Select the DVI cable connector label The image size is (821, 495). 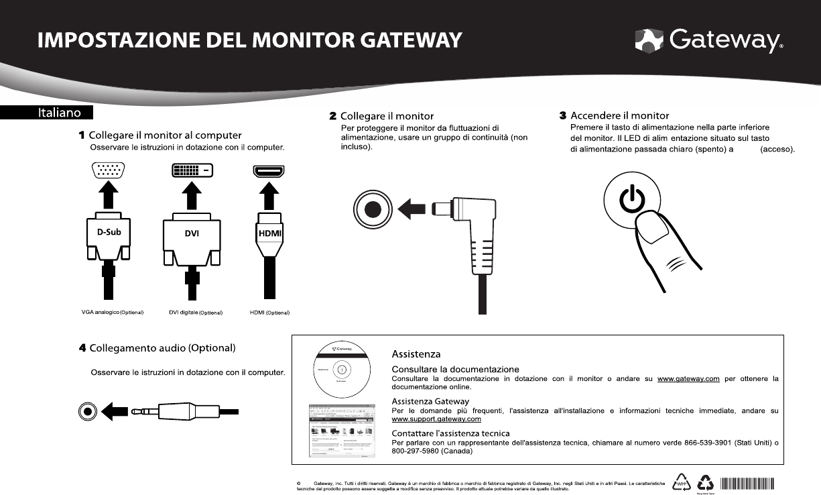pos(192,233)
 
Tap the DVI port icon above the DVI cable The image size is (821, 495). pos(192,170)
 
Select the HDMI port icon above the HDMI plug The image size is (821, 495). pos(268,170)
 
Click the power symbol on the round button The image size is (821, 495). pos(632,200)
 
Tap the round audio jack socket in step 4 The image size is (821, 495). pos(88,410)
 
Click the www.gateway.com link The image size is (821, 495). pos(688,379)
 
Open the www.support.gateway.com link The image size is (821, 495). pos(436,419)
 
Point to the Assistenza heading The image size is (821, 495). pos(416,353)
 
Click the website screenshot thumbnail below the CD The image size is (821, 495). pos(341,430)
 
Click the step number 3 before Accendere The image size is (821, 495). pos(563,116)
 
